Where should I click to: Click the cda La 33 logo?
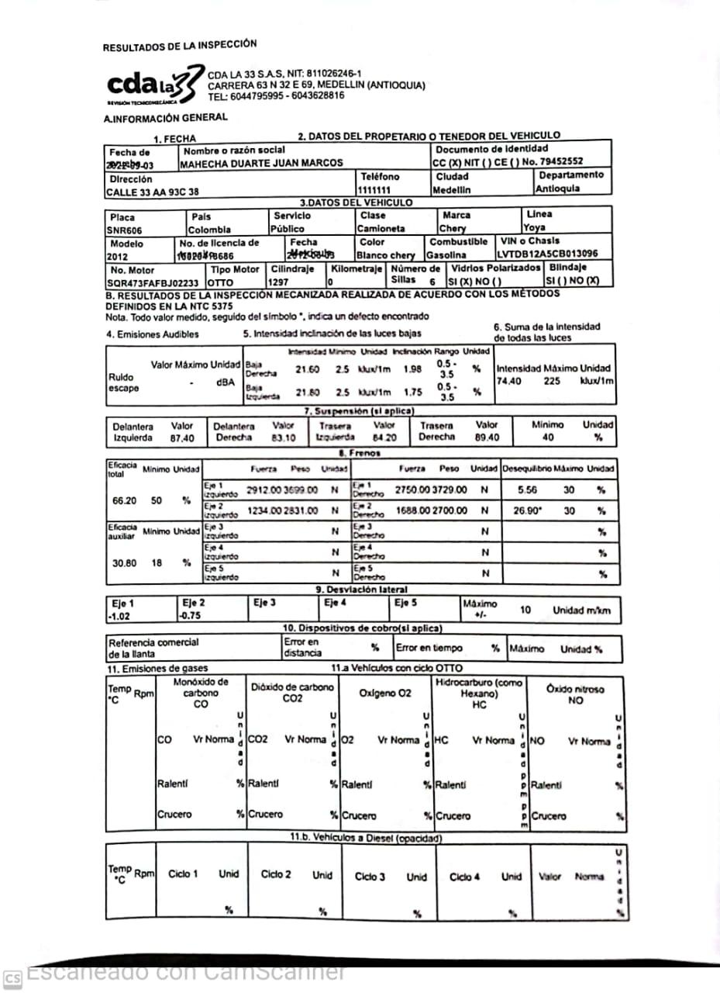coord(151,85)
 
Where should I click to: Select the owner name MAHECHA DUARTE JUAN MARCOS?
coord(261,164)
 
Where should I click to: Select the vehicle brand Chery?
coord(453,229)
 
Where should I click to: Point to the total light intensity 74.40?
coord(508,381)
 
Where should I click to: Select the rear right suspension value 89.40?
coord(487,438)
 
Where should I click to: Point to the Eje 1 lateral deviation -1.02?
coord(122,618)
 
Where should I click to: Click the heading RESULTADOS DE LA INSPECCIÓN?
coord(180,46)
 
